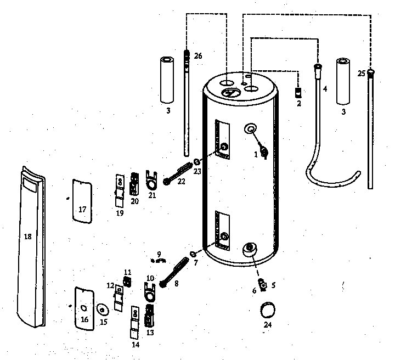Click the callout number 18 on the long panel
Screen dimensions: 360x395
coord(28,237)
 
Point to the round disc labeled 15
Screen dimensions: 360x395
coord(103,309)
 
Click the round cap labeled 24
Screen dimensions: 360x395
coord(268,310)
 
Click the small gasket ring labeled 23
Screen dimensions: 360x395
coord(196,162)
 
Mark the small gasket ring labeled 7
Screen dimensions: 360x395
coord(194,254)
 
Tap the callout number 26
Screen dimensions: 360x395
coord(198,56)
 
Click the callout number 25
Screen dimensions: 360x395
coord(361,73)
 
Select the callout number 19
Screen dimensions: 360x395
coord(120,211)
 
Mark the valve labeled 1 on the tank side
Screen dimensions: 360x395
coord(264,152)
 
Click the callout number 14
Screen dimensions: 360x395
coord(135,345)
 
